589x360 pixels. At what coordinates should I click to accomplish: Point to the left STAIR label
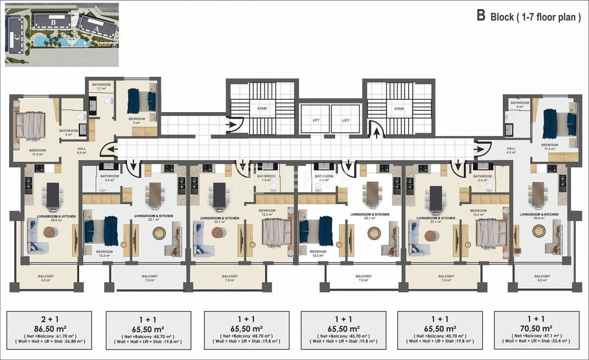click(262, 109)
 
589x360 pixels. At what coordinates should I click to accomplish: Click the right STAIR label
click(398, 109)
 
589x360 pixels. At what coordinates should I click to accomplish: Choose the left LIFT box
click(315, 120)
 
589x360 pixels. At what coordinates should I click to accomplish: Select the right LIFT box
click(346, 120)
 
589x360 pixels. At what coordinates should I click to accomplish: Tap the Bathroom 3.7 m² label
click(101, 87)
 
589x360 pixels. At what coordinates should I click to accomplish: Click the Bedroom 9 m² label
click(137, 121)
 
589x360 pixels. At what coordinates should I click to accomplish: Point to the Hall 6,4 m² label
click(81, 150)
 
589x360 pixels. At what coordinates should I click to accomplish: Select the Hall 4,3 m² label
click(511, 150)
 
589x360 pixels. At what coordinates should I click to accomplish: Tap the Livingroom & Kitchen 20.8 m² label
click(539, 217)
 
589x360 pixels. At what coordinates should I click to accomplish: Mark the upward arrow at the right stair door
click(376, 133)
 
